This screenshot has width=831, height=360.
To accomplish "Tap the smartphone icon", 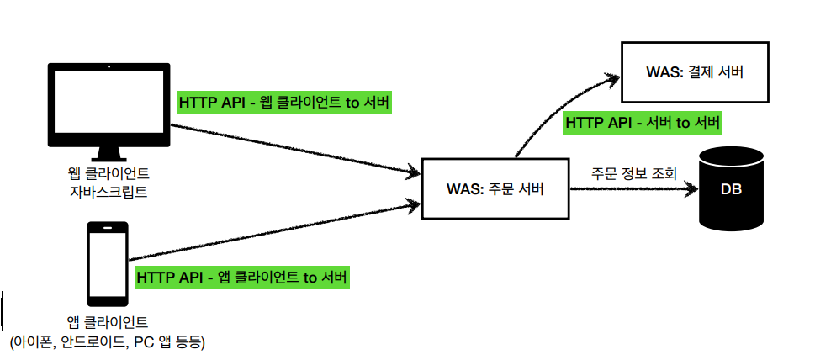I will coord(108,263).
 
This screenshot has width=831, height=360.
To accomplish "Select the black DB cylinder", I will coord(732,188).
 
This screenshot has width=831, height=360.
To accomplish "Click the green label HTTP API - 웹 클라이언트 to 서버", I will coord(284,103).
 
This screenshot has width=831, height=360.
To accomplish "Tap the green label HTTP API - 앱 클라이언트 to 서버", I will coord(241,277).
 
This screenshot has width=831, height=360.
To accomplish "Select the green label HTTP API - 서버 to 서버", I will coord(643,123).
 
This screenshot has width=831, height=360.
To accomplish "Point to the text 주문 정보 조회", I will coord(633,174).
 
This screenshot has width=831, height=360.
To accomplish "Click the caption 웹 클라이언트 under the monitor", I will coord(109,175).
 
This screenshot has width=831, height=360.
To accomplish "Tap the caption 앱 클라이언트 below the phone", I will coord(108,322).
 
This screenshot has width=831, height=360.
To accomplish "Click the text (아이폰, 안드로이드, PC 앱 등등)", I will coord(108,341).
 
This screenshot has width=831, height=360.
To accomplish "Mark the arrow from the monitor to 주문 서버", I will coord(294,150).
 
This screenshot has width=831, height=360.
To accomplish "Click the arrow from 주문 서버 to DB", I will coord(635,188).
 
